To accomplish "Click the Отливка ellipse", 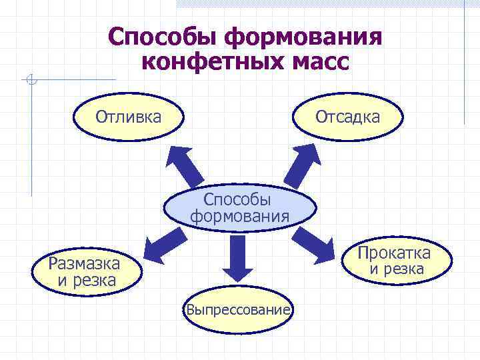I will [129, 117].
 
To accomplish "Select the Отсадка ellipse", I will [347, 117].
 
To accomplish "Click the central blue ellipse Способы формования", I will [239, 207].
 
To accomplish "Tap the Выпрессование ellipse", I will [238, 310].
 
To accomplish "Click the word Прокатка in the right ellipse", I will [394, 253].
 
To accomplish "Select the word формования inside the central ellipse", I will [240, 216].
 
